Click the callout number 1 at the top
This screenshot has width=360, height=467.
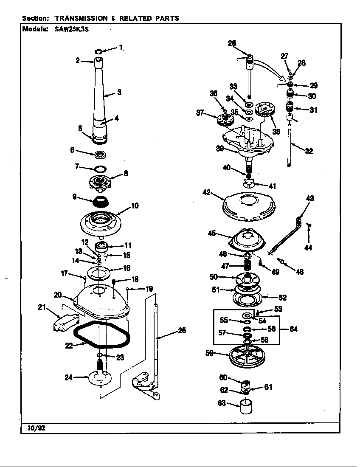click(121, 48)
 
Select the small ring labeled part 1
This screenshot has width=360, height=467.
click(98, 52)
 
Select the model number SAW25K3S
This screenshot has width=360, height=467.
click(72, 29)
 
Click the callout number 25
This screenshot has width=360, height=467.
click(182, 330)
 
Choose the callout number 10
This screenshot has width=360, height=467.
click(135, 206)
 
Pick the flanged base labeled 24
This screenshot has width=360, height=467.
click(100, 376)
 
